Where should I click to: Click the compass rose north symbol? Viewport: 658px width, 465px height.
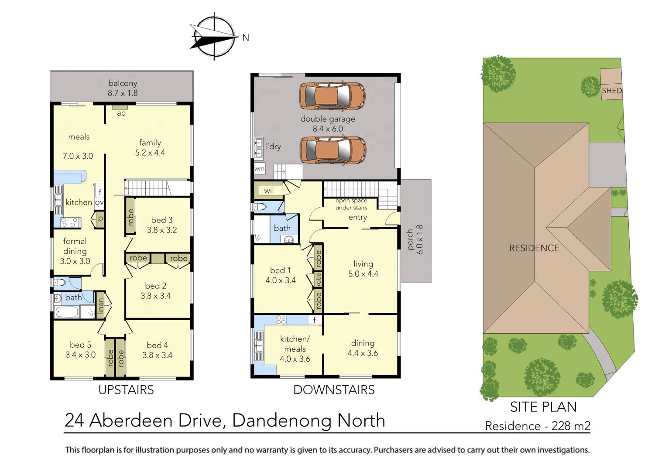[214, 37]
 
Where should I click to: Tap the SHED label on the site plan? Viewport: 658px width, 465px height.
[611, 91]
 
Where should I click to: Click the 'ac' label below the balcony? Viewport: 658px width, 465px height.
[121, 113]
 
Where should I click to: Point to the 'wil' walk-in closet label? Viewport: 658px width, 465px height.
[269, 190]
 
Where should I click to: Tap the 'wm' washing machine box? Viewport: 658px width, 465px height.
[259, 169]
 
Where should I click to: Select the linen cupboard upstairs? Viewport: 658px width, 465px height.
[101, 306]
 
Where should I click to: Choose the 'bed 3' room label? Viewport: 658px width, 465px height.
[161, 220]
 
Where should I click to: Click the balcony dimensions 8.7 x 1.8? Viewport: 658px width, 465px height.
[123, 93]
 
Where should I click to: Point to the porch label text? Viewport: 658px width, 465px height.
[410, 239]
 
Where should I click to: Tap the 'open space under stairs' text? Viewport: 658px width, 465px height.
[351, 204]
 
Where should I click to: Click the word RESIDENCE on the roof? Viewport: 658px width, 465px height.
[534, 248]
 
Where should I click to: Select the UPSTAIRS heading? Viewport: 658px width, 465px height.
[126, 390]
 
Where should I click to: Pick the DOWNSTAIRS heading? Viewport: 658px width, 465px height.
[334, 390]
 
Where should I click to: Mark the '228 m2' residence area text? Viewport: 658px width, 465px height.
[571, 426]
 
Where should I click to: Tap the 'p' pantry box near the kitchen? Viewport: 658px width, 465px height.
[100, 219]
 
